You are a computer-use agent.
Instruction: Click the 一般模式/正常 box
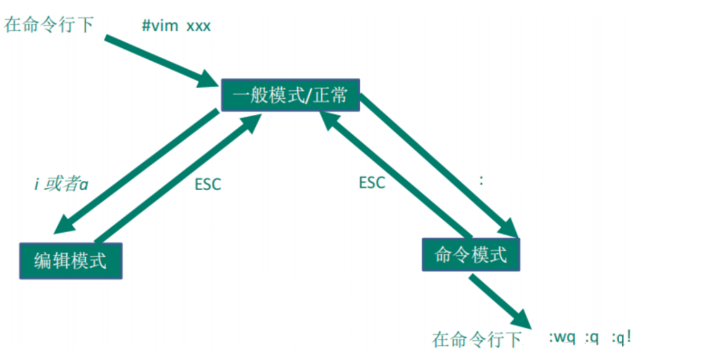pos(290,96)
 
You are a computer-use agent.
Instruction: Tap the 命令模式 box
pos(471,254)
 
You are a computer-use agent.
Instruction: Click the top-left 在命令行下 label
pos(49,25)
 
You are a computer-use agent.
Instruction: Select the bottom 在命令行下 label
pos(476,339)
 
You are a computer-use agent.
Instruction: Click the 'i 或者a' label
pos(60,184)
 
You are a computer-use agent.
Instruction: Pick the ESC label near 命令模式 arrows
pos(372,183)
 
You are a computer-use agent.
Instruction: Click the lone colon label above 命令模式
pos(481,181)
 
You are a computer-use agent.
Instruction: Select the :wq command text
pos(562,338)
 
